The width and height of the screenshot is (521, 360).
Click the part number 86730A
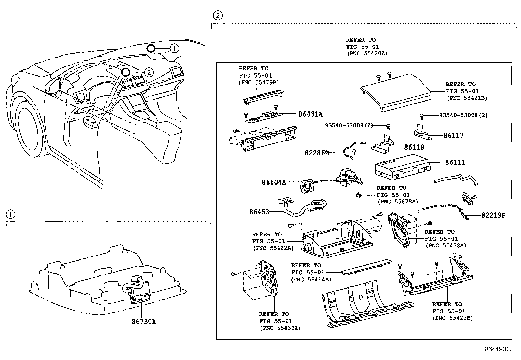click(144, 322)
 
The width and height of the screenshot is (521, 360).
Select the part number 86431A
click(310, 114)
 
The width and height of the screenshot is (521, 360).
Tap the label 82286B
click(316, 153)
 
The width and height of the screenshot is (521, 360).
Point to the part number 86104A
click(274, 182)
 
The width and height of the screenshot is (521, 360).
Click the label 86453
click(259, 212)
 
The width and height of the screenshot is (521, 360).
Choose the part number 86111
click(455, 162)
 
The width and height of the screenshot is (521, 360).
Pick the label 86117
click(453, 135)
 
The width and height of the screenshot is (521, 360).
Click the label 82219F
click(493, 215)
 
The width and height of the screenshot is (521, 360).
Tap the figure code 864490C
click(497, 349)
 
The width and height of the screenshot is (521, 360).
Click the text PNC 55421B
click(467, 98)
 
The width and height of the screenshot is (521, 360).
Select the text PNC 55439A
click(280, 328)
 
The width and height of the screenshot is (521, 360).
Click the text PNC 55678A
click(398, 202)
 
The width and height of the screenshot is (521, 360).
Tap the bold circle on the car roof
click(151, 48)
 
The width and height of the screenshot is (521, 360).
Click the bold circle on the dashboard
click(125, 72)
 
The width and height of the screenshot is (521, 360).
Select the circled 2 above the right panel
click(218, 15)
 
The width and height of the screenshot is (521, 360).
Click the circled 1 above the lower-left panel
click(10, 215)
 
